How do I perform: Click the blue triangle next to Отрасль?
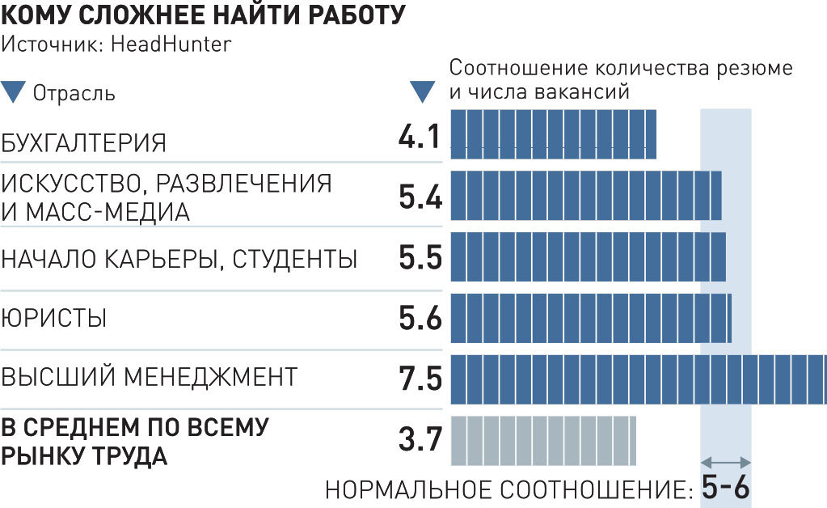click(x=15, y=91)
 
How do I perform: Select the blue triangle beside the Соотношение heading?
click(x=423, y=91)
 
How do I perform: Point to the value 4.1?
click(x=420, y=135)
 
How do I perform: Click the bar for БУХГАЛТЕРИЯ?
click(x=552, y=134)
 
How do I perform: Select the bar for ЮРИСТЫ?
click(x=590, y=318)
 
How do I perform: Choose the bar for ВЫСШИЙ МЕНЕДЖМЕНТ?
click(x=638, y=379)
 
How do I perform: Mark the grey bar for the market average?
click(x=542, y=440)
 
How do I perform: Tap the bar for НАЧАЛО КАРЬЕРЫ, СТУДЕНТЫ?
click(x=587, y=256)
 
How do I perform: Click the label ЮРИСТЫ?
click(x=54, y=319)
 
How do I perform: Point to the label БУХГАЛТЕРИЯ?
click(x=84, y=143)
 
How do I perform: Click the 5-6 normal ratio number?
click(x=725, y=488)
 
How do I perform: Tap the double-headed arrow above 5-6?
click(x=725, y=462)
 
